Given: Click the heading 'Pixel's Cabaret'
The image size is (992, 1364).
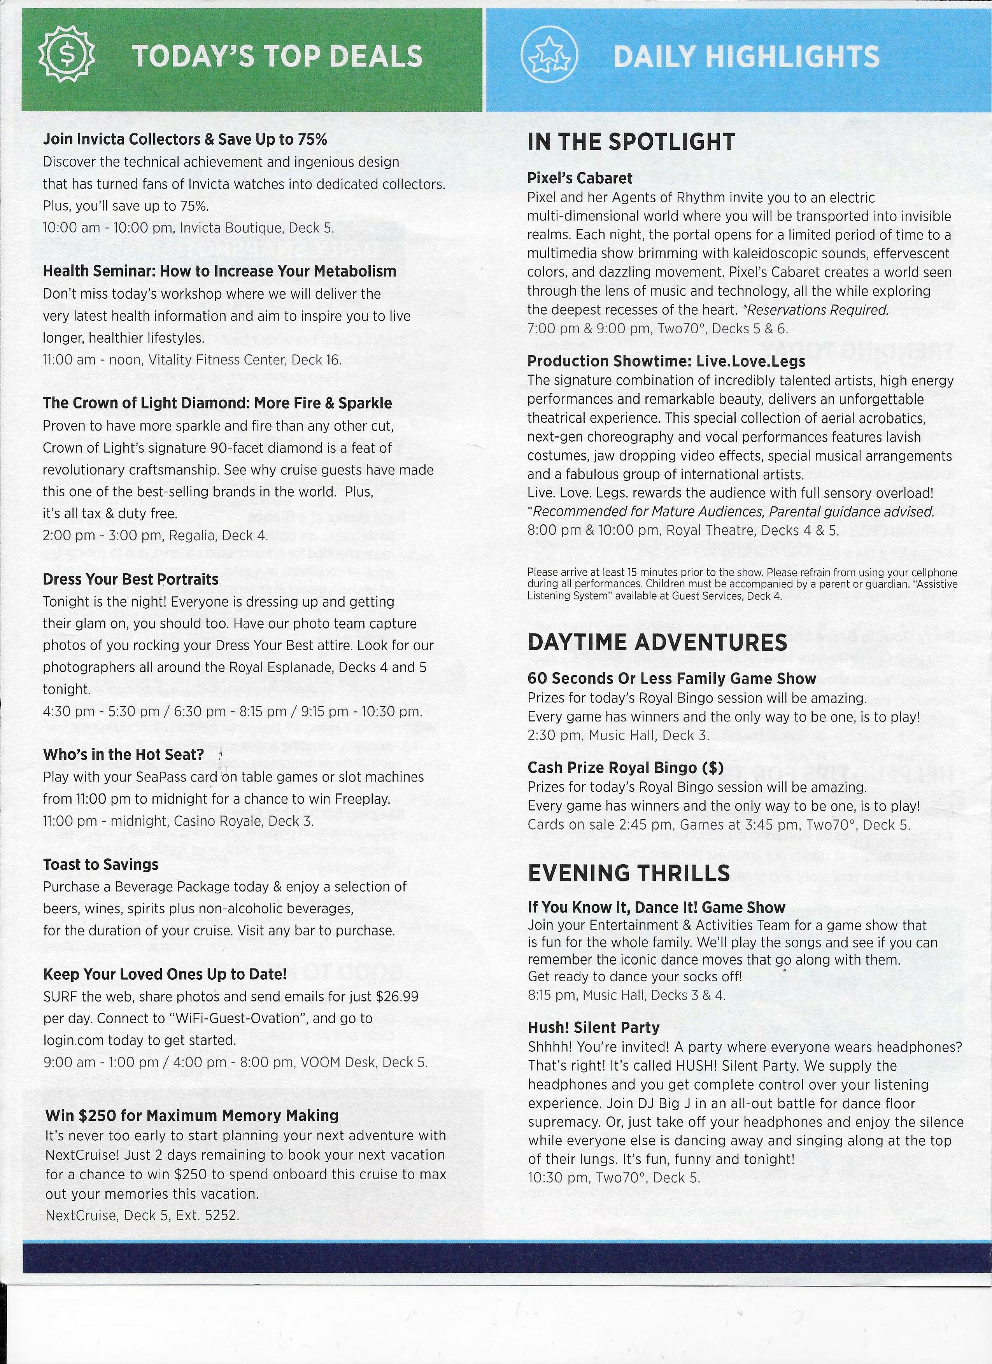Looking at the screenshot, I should click(x=579, y=178).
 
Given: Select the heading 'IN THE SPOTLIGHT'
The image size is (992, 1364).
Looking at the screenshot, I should click(x=631, y=142).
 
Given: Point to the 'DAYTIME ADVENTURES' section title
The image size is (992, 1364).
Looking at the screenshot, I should click(x=657, y=642).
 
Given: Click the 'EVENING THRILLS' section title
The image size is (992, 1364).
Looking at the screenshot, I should click(x=629, y=873).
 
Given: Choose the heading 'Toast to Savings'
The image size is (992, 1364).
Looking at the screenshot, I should click(x=100, y=864).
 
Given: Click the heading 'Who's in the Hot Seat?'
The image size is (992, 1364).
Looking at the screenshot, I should click(x=123, y=754).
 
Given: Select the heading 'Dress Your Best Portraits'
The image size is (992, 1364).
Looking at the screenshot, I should click(x=131, y=579).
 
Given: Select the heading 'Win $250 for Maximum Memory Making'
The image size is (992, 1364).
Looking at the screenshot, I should click(x=192, y=1115).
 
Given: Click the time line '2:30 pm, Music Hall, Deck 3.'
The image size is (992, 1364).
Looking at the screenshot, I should click(x=619, y=735).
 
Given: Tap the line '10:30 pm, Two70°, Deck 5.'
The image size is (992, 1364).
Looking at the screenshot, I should click(x=613, y=1178).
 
